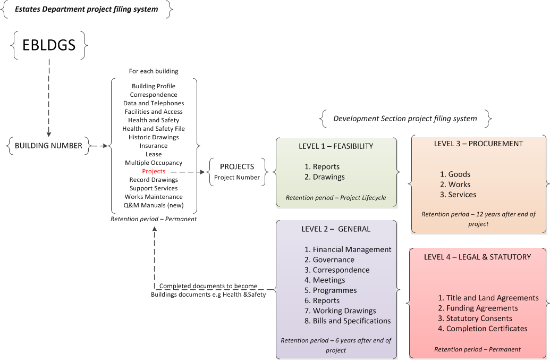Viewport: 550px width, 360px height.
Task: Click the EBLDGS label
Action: [49, 45]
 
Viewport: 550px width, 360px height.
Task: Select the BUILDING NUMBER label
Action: [48, 145]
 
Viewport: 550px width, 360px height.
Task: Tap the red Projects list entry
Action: [154, 171]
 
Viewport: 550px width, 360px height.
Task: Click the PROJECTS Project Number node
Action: [237, 172]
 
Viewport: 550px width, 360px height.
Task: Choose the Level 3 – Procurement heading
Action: [478, 144]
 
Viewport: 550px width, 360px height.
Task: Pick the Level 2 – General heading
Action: [336, 229]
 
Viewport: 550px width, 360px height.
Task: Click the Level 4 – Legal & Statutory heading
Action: [477, 257]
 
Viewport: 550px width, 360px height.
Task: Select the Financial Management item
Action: [348, 249]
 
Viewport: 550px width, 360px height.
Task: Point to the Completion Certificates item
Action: [483, 329]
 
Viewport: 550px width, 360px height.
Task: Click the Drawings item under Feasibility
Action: [325, 177]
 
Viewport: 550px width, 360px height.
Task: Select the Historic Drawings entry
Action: [154, 137]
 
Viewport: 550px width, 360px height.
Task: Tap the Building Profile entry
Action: [154, 86]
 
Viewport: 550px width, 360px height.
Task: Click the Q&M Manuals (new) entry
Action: [154, 205]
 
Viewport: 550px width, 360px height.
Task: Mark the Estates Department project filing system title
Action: [86, 9]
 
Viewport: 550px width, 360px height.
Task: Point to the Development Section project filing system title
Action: [405, 118]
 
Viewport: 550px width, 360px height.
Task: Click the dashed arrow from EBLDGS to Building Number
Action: [49, 96]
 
